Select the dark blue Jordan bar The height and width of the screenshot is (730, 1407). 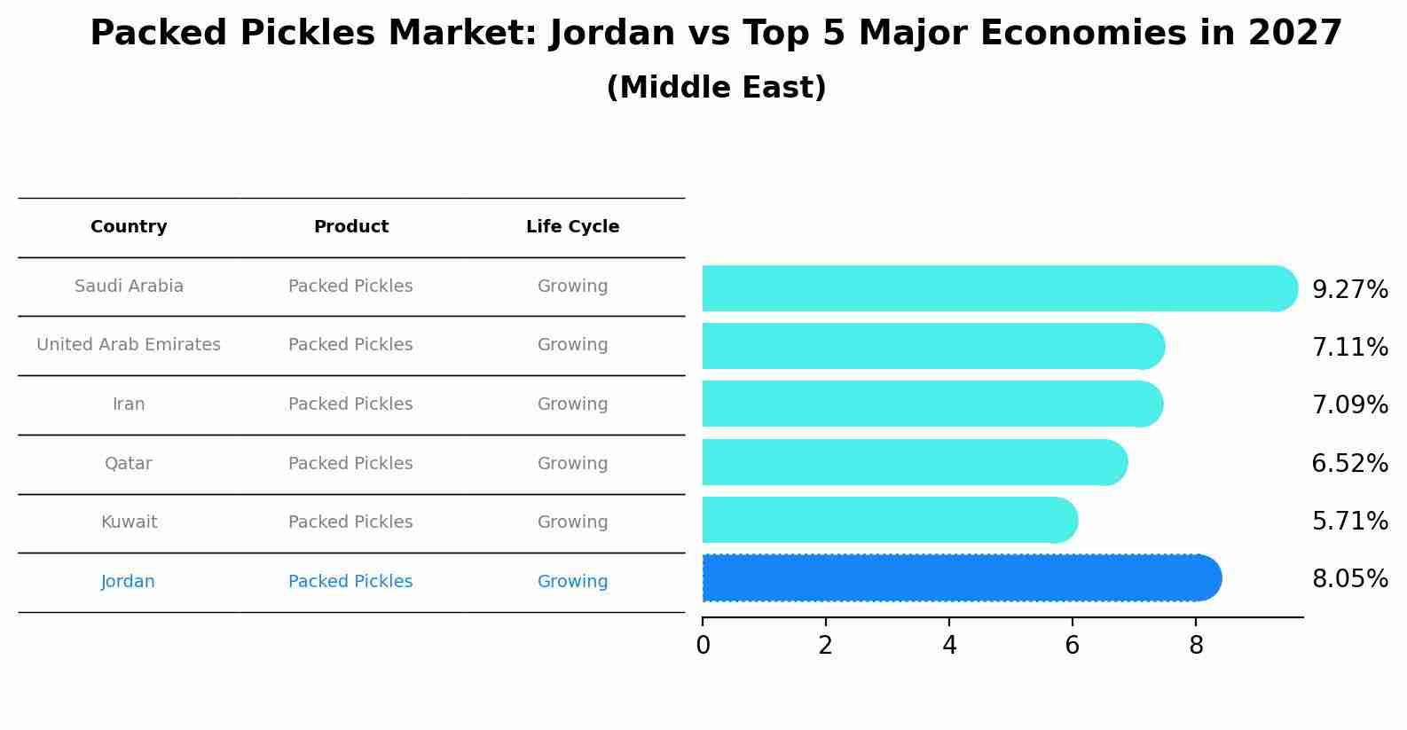pyautogui.click(x=958, y=578)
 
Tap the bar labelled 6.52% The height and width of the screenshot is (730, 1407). pyautogui.click(x=914, y=462)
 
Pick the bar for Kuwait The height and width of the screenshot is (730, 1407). pyautogui.click(x=887, y=520)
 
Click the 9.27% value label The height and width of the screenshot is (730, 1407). pyautogui.click(x=1349, y=290)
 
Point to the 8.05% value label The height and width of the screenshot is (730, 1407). pyautogui.click(x=1349, y=579)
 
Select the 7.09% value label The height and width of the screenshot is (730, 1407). pyautogui.click(x=1349, y=405)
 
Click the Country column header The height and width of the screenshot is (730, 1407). pyautogui.click(x=129, y=227)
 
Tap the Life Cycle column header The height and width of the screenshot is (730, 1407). pyautogui.click(x=572, y=227)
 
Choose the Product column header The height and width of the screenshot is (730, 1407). pyautogui.click(x=351, y=227)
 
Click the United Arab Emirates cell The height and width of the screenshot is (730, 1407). pyautogui.click(x=129, y=345)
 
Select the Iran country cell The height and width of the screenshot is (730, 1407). pyautogui.click(x=129, y=404)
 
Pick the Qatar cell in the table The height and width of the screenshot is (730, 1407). pyautogui.click(x=129, y=464)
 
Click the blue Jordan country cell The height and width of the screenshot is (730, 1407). pyautogui.click(x=128, y=582)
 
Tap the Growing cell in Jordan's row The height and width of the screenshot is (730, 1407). pyautogui.click(x=572, y=582)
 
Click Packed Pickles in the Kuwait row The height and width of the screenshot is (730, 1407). pyautogui.click(x=350, y=522)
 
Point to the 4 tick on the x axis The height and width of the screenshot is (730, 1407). pyautogui.click(x=949, y=646)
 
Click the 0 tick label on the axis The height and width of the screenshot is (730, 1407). pyautogui.click(x=703, y=646)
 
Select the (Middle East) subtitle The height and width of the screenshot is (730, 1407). pyautogui.click(x=716, y=88)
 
